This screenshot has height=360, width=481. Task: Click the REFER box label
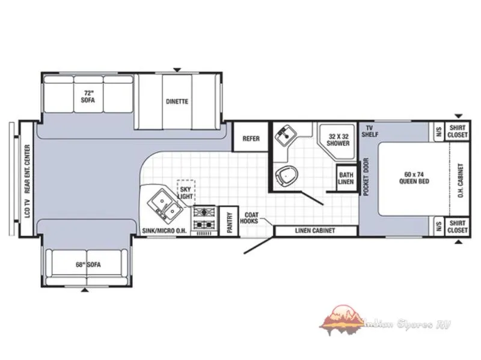click(x=251, y=139)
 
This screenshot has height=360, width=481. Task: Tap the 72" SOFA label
click(x=88, y=97)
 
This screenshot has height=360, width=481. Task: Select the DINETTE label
click(x=177, y=101)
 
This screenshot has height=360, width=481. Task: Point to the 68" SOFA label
click(x=88, y=264)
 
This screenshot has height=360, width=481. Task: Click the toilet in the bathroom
click(x=287, y=176)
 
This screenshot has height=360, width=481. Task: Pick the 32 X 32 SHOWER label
click(x=338, y=140)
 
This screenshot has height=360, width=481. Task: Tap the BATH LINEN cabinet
click(x=346, y=178)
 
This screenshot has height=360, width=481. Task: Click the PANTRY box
click(x=229, y=221)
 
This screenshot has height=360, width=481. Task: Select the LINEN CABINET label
click(x=315, y=231)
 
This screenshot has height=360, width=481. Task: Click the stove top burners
click(x=204, y=218)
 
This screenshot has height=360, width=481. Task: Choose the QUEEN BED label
click(x=414, y=178)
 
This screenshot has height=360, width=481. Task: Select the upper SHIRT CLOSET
click(x=457, y=131)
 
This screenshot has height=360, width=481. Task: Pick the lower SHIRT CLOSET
click(x=457, y=227)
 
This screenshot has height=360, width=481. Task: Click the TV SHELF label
click(x=370, y=131)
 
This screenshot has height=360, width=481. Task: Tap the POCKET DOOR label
click(x=366, y=177)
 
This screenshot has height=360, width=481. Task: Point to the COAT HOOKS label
click(x=249, y=218)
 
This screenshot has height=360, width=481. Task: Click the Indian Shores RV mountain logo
click(x=341, y=320)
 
